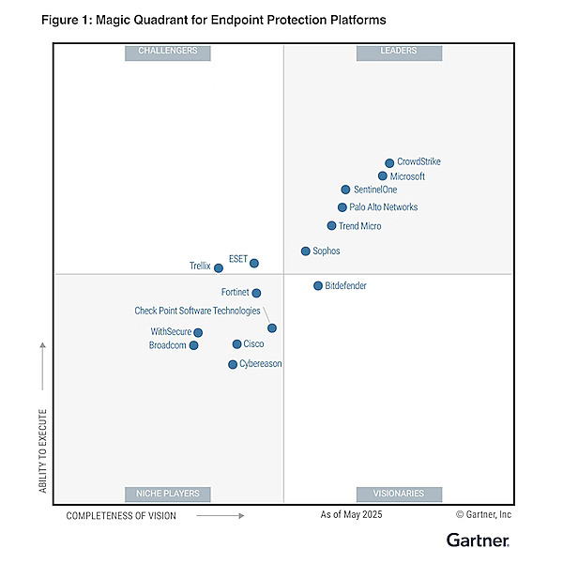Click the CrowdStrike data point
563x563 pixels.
click(389, 163)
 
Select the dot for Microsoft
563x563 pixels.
click(383, 176)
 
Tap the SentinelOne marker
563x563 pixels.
click(345, 190)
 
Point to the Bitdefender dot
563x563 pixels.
click(318, 286)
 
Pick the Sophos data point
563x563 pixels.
click(306, 251)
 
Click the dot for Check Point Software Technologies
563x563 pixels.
click(272, 327)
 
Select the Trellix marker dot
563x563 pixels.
click(219, 267)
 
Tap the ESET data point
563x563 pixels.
click(254, 263)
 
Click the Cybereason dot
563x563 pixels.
click(233, 364)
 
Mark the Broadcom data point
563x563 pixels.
click(193, 345)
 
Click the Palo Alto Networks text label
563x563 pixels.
click(384, 207)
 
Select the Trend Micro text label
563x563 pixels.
click(359, 226)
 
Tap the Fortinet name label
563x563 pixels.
click(235, 292)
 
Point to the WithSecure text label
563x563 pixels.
click(171, 331)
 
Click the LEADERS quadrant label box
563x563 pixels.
click(399, 53)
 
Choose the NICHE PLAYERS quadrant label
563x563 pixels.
click(168, 495)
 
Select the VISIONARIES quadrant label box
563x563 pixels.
click(399, 495)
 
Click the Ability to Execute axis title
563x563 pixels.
click(43, 451)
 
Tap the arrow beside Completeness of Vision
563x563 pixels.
click(221, 515)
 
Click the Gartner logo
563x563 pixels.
click(478, 540)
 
